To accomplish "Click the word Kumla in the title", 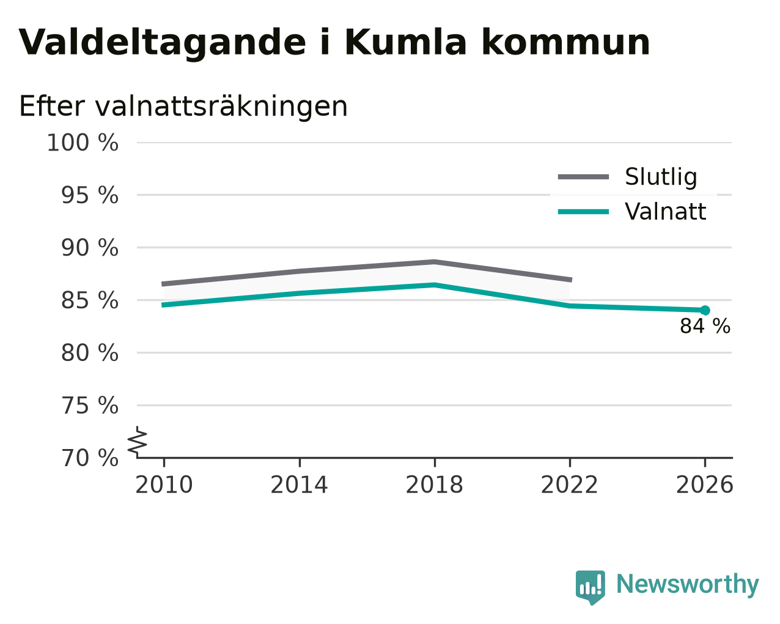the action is pos(405,42).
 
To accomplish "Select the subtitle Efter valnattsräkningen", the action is pos(183,106).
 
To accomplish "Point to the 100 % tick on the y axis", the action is pos(83,143).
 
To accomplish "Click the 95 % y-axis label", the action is pos(89,195).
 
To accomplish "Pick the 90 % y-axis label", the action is pos(89,248).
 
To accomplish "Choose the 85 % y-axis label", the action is pos(89,300).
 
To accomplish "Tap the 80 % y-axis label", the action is pos(89,352).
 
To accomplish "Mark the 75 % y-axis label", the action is pos(89,405).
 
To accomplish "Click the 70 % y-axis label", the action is pos(89,458).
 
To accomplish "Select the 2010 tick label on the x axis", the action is pos(164,485).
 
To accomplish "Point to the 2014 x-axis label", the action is pos(300,485).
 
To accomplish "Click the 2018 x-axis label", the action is pos(435,485).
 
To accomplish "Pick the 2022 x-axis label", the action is pos(570,485).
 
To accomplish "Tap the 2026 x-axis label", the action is pos(705,485).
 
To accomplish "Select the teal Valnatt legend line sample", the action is pos(583,212).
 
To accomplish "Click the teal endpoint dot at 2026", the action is pos(705,310).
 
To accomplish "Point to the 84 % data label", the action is pos(705,326).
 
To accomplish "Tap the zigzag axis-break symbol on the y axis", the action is pos(138,440).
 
